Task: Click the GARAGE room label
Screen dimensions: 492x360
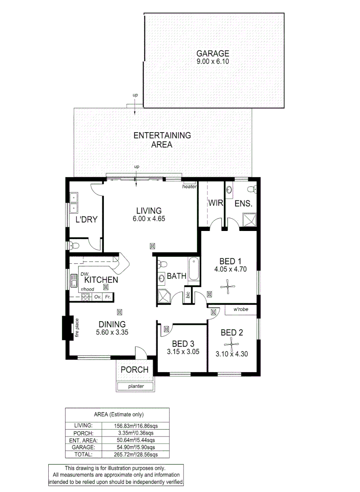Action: tap(213, 53)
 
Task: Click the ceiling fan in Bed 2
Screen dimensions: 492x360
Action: tap(231, 343)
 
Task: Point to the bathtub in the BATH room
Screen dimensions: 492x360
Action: tap(194, 269)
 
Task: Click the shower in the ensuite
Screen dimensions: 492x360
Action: tap(249, 220)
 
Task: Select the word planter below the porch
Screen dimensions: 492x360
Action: tap(136, 386)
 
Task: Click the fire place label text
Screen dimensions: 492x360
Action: tap(77, 328)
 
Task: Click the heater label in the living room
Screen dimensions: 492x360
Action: tap(189, 187)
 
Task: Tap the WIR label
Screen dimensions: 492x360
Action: tap(215, 203)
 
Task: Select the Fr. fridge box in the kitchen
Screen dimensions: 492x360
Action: tap(108, 297)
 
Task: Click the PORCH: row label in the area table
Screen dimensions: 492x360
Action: tap(84, 433)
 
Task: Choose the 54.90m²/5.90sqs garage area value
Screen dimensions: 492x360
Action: tap(136, 447)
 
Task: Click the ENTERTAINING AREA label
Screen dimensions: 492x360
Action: tap(162, 140)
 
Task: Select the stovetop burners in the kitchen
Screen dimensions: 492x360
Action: tap(85, 297)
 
